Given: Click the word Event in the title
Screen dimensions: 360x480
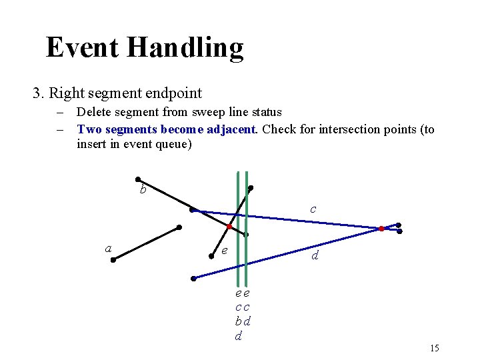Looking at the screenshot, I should (x=81, y=48).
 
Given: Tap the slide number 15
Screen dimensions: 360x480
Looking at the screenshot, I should (x=435, y=348).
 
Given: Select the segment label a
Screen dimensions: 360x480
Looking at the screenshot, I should (x=108, y=249).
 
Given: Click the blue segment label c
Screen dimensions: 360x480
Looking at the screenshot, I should (x=313, y=209).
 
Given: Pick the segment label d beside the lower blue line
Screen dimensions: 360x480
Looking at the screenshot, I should (x=315, y=255).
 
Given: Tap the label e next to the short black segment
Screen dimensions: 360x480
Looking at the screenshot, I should (x=225, y=251).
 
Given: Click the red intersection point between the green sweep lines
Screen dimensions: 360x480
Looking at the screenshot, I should (x=229, y=227).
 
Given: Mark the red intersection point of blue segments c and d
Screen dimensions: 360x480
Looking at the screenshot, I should (x=381, y=229).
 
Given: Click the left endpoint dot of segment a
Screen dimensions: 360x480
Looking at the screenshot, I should (x=113, y=260).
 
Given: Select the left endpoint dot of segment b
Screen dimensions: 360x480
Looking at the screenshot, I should (x=137, y=179).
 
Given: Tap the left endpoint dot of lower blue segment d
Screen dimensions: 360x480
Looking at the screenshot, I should (x=193, y=279).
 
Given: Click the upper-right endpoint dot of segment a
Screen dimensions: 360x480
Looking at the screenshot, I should (x=179, y=227).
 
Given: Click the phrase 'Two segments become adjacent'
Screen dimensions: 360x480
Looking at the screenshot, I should (x=166, y=129).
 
